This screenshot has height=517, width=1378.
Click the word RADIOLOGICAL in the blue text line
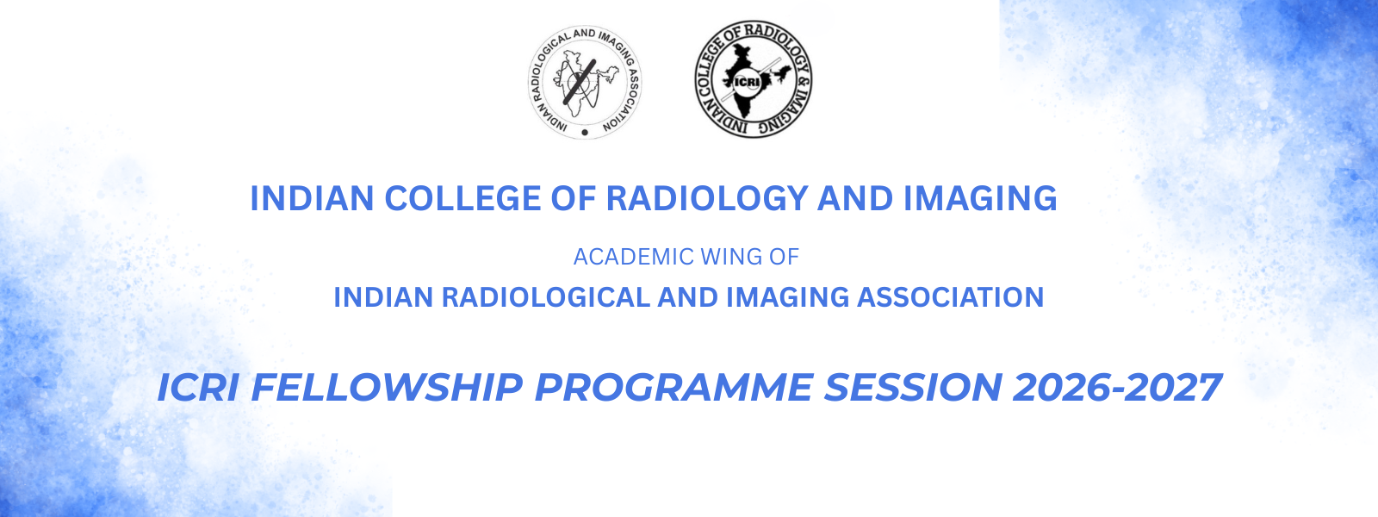tap(546, 297)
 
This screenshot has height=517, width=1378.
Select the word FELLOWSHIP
tap(387, 388)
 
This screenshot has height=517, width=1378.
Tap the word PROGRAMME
tap(673, 388)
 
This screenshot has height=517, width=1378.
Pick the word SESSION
tap(913, 388)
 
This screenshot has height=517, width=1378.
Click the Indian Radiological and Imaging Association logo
tap(585, 82)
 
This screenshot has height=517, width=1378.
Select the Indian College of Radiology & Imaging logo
tap(754, 78)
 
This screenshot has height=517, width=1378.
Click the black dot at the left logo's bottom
tap(585, 132)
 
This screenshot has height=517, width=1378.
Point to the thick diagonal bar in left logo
tap(580, 81)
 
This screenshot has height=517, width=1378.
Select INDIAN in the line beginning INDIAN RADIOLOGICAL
tap(384, 297)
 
